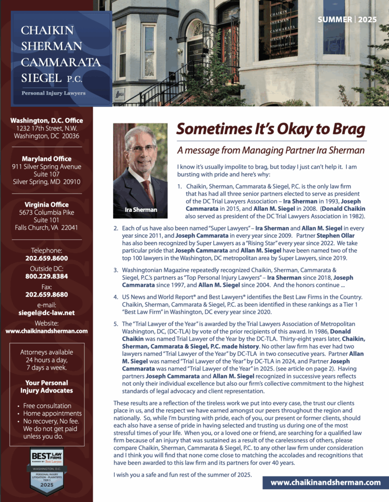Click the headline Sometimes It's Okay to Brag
tap(271, 129)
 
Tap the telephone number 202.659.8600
tap(47, 258)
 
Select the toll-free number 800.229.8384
tap(47, 276)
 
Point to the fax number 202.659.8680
tap(47, 295)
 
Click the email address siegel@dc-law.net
tap(47, 312)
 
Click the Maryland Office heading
tap(47, 159)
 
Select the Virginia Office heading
tap(47, 204)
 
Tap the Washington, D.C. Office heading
tap(47, 121)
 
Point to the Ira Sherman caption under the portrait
tap(140, 210)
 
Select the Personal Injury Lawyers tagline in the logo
tap(53, 93)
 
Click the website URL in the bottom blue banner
tap(325, 482)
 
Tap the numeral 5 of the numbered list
tap(116, 324)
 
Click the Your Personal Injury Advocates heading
tap(47, 387)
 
